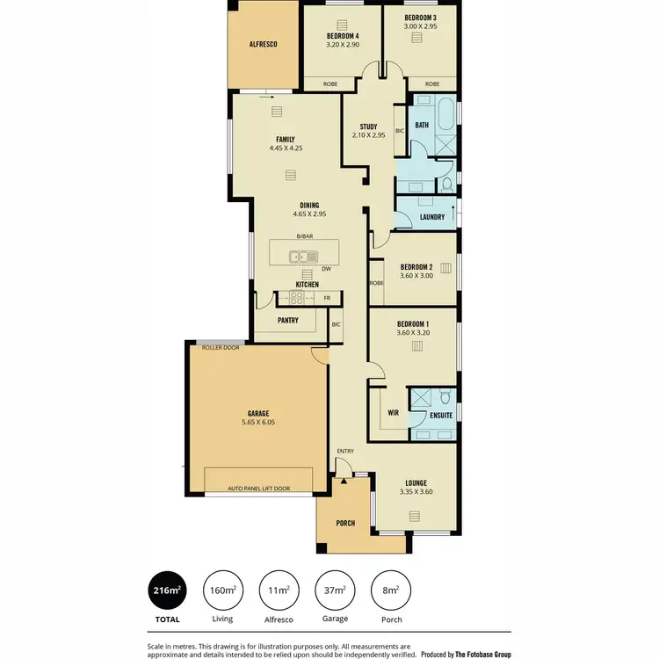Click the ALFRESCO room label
263,43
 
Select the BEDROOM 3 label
420,18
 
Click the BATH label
422,126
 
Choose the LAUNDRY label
431,217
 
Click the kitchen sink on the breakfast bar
305,257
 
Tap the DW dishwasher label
326,270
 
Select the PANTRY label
287,321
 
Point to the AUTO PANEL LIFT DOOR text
258,488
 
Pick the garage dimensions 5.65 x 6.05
257,423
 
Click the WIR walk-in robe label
393,411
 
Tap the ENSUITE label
441,415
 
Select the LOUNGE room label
416,482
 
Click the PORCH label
345,523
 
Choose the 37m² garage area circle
335,590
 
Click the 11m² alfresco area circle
279,590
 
